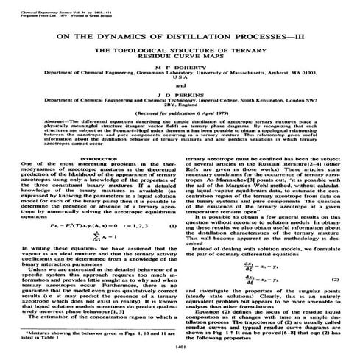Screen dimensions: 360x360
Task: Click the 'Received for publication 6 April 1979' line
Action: tap(180, 134)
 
